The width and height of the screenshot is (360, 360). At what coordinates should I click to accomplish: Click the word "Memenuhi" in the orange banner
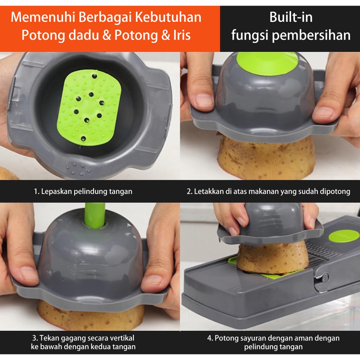[x=43, y=17]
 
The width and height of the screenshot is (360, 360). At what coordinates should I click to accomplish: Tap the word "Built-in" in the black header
[x=291, y=17]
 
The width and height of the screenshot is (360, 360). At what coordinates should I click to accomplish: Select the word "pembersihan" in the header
[x=311, y=36]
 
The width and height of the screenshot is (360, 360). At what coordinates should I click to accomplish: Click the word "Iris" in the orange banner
[x=182, y=35]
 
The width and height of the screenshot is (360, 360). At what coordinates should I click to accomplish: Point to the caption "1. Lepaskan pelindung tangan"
[x=83, y=192]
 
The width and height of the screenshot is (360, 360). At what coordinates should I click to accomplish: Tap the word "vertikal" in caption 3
[x=122, y=338]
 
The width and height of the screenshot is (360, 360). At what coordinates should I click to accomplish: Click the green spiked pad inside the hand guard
[x=89, y=108]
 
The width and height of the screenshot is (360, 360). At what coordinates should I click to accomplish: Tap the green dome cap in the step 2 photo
[x=268, y=63]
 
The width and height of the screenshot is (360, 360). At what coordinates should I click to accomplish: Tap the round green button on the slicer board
[x=344, y=236]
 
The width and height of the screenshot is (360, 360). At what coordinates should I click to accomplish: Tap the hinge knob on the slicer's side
[x=323, y=277]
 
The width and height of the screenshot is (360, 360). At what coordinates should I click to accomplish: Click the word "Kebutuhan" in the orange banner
[x=168, y=17]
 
